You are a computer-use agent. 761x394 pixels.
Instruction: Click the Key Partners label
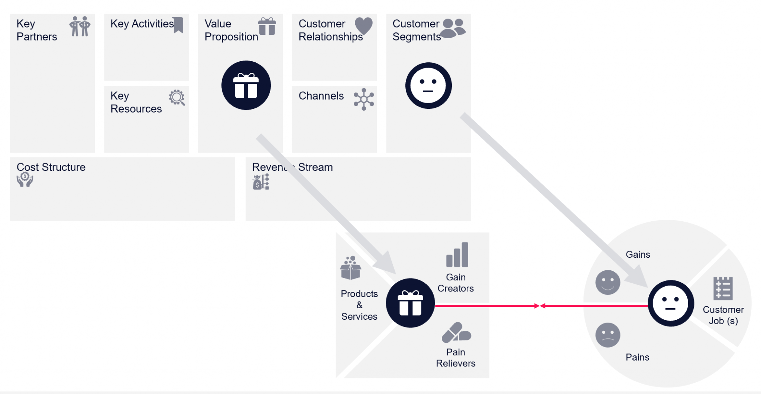36,30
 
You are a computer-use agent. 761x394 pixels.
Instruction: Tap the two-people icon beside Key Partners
80,26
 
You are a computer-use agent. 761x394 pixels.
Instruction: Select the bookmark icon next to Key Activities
179,25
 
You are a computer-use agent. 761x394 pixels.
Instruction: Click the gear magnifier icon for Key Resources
177,98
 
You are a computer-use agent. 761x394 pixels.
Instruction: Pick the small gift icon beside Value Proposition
267,26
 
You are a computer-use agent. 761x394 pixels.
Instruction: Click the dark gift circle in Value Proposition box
246,85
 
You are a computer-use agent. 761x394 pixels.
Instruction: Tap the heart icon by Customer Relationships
363,25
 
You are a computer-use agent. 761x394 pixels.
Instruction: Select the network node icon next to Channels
364,99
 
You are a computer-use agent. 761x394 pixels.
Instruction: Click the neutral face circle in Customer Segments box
428,85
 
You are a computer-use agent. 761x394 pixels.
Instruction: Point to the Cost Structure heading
51,167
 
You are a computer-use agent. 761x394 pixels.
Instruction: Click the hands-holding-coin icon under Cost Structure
25,179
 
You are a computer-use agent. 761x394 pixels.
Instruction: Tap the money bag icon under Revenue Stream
261,182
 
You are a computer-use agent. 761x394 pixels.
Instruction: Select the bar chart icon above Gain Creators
457,255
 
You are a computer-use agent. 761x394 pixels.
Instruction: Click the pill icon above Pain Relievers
456,333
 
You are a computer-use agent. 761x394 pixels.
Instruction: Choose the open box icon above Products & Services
350,268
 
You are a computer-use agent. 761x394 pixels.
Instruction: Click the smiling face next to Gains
608,283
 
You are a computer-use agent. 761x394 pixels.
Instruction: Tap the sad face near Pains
608,335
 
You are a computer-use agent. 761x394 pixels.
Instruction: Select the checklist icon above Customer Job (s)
723,288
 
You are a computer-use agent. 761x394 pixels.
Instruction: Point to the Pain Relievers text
456,358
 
